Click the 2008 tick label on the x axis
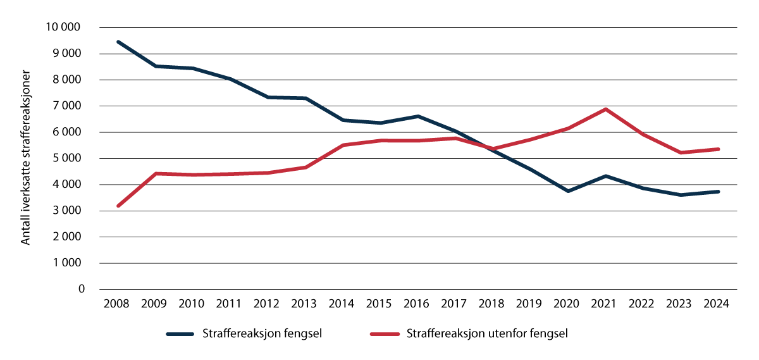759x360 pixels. click(x=117, y=303)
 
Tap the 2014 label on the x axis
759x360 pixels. click(x=342, y=303)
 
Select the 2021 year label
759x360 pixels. click(x=605, y=303)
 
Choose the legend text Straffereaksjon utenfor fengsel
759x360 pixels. click(x=488, y=334)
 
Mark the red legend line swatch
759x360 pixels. click(x=385, y=334)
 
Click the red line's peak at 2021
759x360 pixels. click(x=605, y=109)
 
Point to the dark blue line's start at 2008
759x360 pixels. click(x=118, y=42)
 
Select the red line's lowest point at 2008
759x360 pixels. click(x=118, y=206)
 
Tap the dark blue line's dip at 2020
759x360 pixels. click(x=568, y=191)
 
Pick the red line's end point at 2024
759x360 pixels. click(x=718, y=149)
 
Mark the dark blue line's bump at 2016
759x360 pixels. click(x=417, y=116)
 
